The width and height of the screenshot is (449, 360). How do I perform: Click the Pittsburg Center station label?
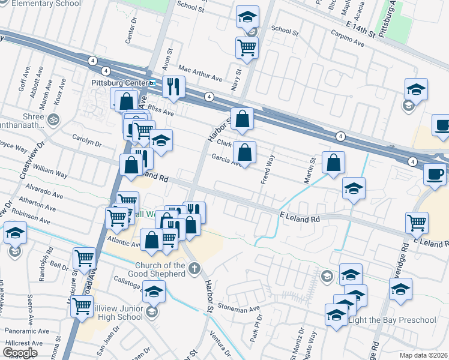pyautogui.click(x=119, y=82)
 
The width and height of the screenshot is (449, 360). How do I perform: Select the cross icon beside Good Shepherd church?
pyautogui.click(x=193, y=269)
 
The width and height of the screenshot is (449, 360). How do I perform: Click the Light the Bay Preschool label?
pyautogui.click(x=393, y=319)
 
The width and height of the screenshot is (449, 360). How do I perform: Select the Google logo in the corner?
pyautogui.click(x=20, y=353)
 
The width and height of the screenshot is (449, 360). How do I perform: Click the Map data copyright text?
pyautogui.click(x=424, y=355)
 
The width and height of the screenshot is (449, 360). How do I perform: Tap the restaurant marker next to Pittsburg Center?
pyautogui.click(x=173, y=86)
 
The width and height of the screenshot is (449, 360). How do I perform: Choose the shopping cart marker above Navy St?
pyautogui.click(x=247, y=48)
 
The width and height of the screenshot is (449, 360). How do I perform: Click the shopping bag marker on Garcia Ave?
pyautogui.click(x=244, y=152)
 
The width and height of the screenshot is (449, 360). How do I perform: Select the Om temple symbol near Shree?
pyautogui.click(x=54, y=118)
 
